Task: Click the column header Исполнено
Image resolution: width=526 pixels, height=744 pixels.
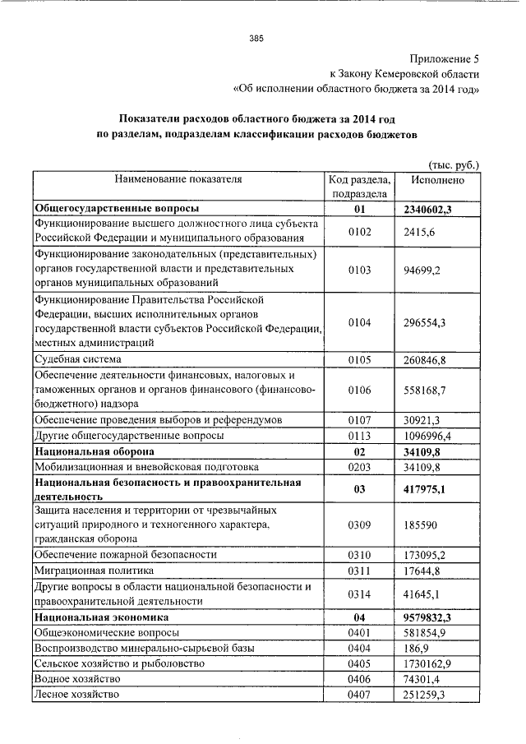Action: click(437, 179)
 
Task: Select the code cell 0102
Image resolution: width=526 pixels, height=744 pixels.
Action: click(359, 232)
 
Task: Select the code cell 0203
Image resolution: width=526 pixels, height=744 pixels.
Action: click(359, 467)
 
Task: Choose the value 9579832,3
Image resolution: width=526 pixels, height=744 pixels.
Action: click(427, 616)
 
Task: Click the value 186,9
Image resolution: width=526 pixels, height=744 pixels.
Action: click(417, 648)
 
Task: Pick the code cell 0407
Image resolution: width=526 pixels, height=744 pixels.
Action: click(359, 695)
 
